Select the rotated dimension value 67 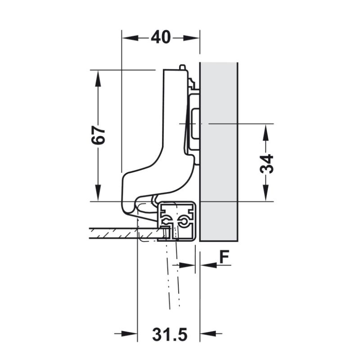click(x=98, y=135)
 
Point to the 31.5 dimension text click(x=169, y=334)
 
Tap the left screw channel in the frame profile click(x=166, y=221)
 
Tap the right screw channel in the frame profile click(x=183, y=221)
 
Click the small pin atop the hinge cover click(x=182, y=67)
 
